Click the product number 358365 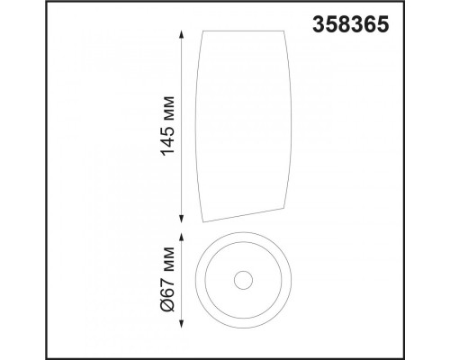tap(351, 24)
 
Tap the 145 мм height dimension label tap(167, 126)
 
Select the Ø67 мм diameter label tap(167, 280)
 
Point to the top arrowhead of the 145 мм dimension tap(181, 34)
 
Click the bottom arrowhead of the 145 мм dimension tap(181, 219)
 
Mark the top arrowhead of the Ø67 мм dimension tap(181, 237)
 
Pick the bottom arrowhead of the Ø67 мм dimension tap(181, 324)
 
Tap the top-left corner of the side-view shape tap(203, 31)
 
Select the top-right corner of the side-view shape tap(283, 31)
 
